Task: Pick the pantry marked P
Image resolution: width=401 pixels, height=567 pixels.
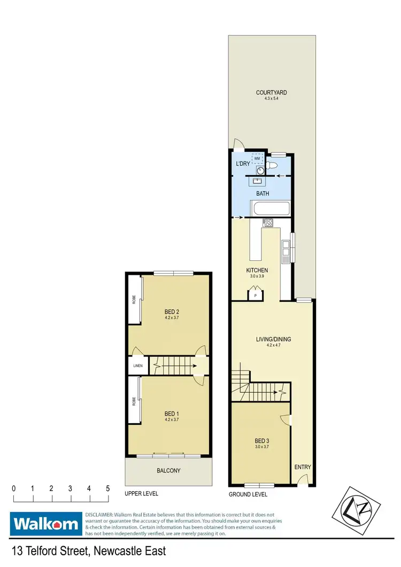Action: tap(255, 294)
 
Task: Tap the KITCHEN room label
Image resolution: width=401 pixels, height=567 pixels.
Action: tap(257, 270)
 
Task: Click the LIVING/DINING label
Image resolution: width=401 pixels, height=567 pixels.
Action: tap(273, 339)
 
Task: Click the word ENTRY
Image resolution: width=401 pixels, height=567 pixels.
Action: tap(303, 467)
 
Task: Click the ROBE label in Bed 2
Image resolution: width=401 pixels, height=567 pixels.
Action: tap(134, 300)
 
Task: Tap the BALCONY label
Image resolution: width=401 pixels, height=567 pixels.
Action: tap(168, 471)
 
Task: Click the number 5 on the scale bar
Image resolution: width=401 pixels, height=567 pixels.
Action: tap(108, 488)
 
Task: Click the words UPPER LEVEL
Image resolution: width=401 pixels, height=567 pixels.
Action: tap(141, 494)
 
